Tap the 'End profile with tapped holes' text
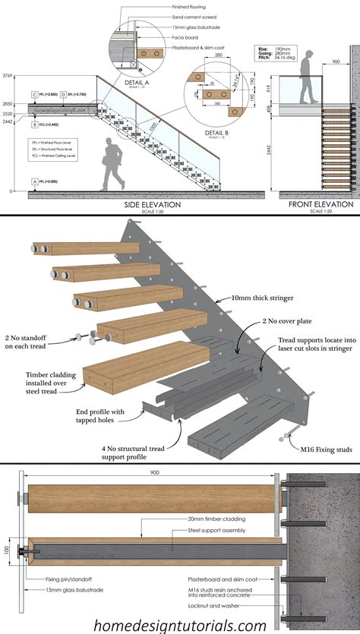(108, 416)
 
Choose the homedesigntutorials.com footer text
(180, 624)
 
